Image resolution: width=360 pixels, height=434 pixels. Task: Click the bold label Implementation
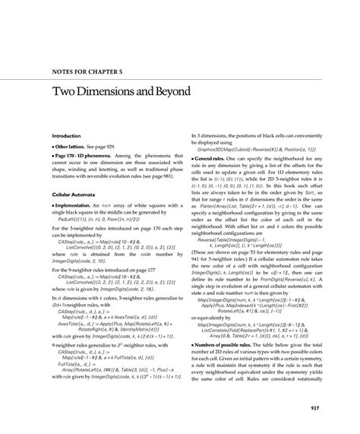pyautogui.click(x=61, y=207)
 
